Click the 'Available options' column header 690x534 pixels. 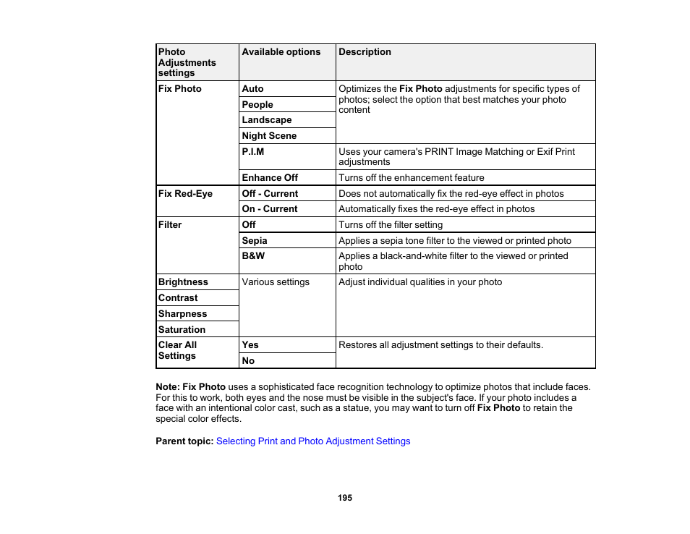281,52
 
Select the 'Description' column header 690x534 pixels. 365,52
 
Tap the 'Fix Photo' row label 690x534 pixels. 180,89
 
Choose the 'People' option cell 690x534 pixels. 257,105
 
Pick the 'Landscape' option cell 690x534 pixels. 267,120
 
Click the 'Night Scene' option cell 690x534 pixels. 269,136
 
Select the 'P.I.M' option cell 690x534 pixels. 253,152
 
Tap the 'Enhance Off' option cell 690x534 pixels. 270,178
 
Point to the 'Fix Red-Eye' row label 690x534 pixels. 185,194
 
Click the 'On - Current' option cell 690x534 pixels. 270,209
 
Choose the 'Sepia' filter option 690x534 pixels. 255,241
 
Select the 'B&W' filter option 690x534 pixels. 253,256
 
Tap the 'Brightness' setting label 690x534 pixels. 183,282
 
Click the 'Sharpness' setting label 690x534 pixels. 182,314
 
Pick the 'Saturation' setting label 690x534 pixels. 182,330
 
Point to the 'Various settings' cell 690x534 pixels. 276,282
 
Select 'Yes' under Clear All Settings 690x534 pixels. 250,345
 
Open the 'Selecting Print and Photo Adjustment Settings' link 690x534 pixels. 313,441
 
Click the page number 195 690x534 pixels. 345,498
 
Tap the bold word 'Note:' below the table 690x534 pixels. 168,387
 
